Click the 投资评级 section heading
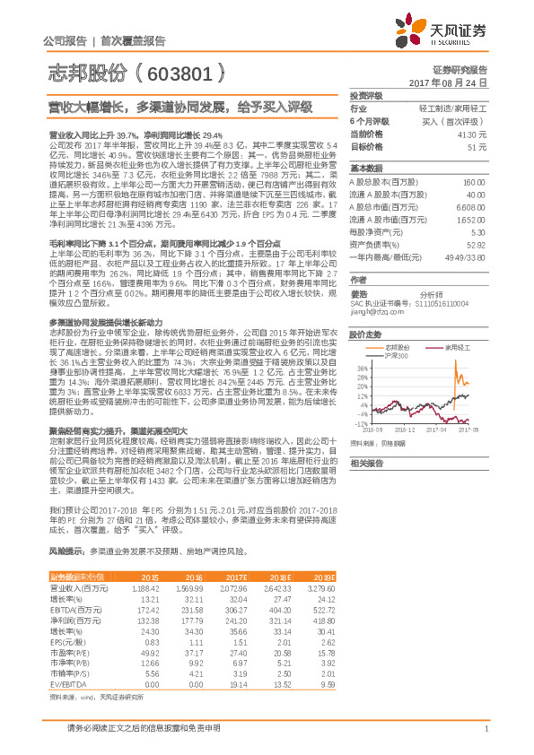click(x=365, y=95)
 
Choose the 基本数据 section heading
click(x=365, y=168)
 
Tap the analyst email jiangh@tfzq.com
click(x=374, y=313)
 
